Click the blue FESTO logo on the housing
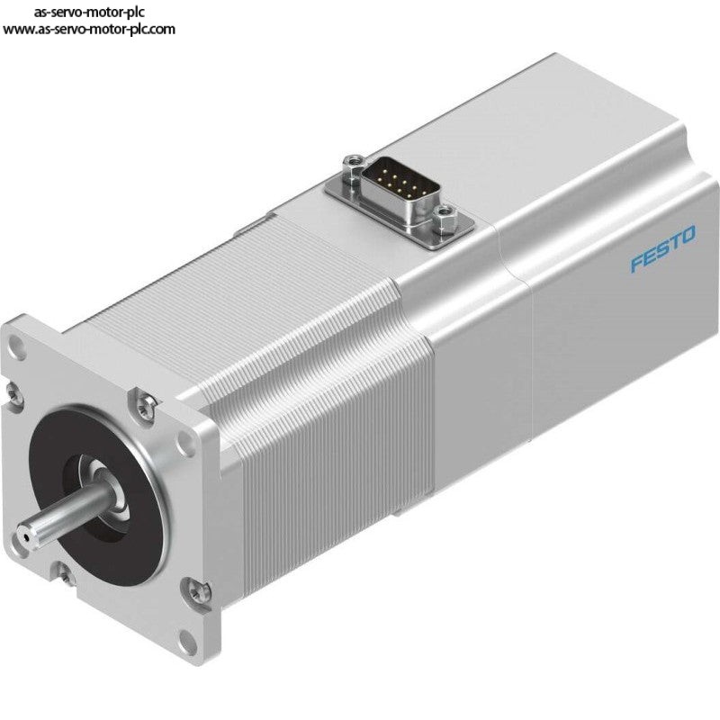pyautogui.click(x=662, y=248)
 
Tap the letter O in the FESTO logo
pyautogui.click(x=688, y=235)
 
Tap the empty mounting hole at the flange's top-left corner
pyautogui.click(x=18, y=343)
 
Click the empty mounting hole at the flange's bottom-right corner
pyautogui.click(x=186, y=639)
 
